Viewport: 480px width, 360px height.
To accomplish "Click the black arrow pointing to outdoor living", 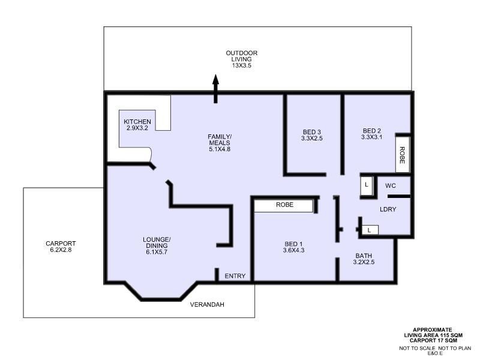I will click(216, 88).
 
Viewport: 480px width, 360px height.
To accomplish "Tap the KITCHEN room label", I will click(137, 125).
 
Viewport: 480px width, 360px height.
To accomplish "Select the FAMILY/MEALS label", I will click(220, 143).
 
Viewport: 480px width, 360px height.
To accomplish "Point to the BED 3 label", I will click(311, 135).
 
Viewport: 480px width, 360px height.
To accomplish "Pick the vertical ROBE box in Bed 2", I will click(403, 155).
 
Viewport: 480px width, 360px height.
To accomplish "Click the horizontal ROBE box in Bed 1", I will click(284, 205).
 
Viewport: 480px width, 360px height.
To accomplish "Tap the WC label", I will click(391, 186).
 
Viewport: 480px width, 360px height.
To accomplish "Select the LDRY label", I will click(386, 209).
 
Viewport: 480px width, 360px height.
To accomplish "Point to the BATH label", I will click(364, 259).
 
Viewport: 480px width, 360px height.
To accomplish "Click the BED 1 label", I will click(294, 247).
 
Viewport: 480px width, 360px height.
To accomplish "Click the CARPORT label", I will click(61, 247).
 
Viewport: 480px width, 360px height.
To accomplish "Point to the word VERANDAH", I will click(207, 305).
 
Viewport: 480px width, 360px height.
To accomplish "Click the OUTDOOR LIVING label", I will click(242, 59).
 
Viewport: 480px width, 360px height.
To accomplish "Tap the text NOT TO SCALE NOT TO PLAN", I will click(435, 349).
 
